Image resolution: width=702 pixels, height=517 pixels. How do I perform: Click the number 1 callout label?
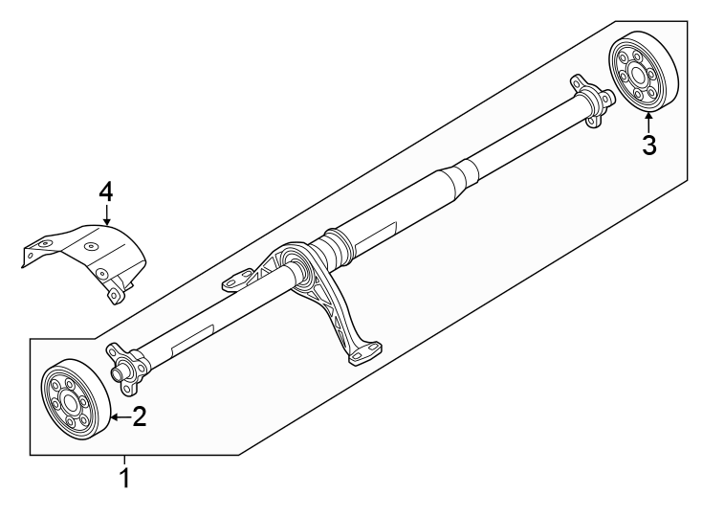coord(122,477)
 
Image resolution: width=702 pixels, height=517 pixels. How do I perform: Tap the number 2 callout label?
coord(140,416)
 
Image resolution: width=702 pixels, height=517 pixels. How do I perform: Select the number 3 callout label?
coord(648,146)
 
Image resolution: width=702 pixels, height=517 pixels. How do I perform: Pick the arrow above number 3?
coord(648,122)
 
